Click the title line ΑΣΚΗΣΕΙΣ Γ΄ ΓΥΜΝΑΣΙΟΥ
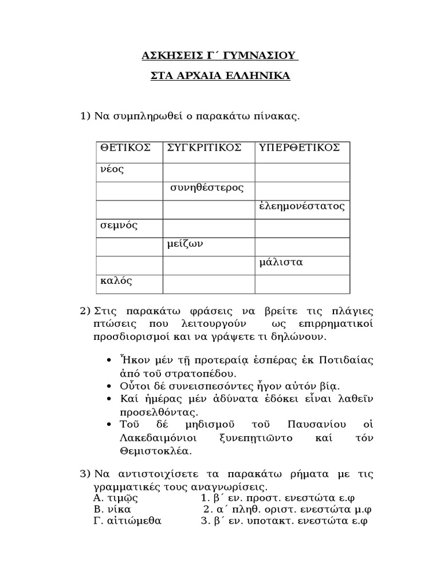point(220,56)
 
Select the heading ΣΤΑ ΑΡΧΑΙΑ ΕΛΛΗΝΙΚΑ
point(220,76)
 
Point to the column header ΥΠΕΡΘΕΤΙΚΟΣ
point(300,148)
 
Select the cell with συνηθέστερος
point(207,188)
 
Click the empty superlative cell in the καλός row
point(302,283)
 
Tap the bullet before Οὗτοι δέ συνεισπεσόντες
point(110,386)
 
